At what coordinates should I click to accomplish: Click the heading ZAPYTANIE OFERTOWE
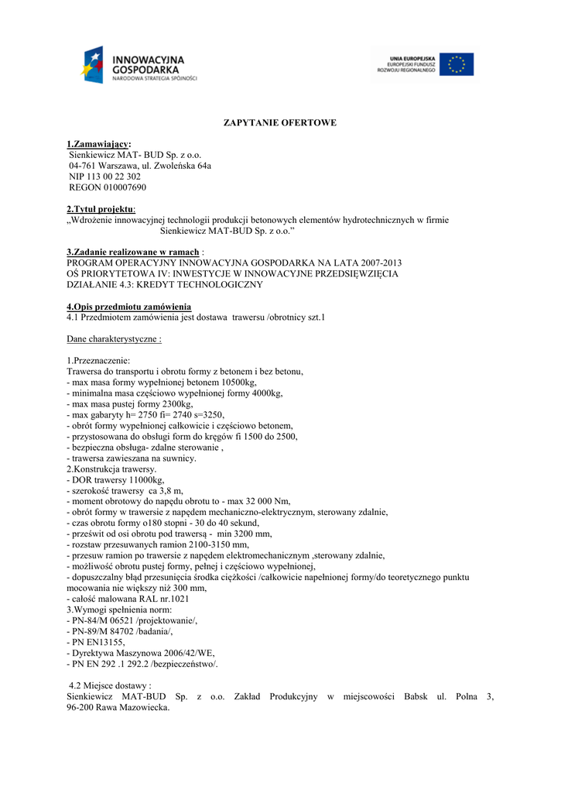click(280, 123)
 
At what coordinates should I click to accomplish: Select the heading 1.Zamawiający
click(98, 144)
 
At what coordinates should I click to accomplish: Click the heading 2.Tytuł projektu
click(101, 209)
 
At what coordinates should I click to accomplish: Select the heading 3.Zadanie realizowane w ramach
click(133, 252)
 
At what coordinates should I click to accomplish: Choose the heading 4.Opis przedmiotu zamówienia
click(128, 307)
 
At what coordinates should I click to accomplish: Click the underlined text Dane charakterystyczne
click(114, 339)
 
